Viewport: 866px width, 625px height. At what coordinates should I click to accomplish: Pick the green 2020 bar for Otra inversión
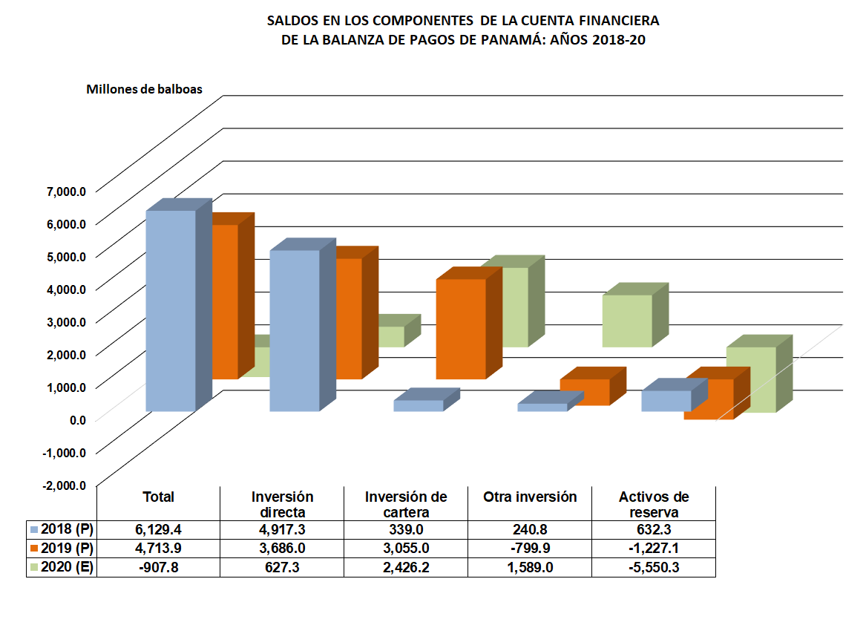click(627, 321)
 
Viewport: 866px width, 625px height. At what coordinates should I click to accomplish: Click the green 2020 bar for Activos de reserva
click(751, 379)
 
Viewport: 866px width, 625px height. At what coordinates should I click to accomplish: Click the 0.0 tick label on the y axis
click(77, 419)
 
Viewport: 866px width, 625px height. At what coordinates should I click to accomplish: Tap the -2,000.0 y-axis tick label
click(65, 485)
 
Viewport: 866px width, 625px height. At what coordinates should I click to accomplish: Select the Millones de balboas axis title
click(144, 90)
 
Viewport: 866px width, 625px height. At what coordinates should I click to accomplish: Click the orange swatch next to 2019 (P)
click(33, 549)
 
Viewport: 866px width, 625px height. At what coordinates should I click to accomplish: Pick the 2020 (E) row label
click(68, 567)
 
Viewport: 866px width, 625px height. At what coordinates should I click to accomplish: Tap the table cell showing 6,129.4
click(158, 529)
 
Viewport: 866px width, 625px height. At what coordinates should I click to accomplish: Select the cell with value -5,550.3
click(654, 567)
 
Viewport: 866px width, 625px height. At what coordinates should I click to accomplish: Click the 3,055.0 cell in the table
click(406, 549)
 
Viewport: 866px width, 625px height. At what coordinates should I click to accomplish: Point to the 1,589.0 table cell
click(530, 567)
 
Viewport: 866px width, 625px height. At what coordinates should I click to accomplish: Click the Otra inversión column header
click(530, 497)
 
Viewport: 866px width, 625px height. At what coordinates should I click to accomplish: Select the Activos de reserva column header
click(654, 504)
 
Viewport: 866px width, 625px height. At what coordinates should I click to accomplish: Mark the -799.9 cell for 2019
click(530, 549)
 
